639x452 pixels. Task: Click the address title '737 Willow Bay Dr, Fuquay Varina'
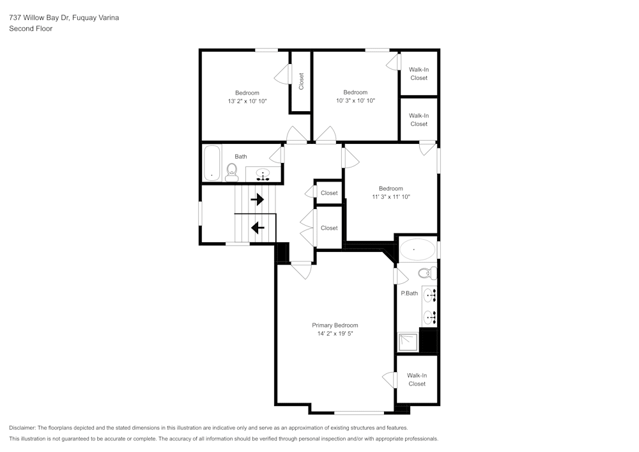point(64,18)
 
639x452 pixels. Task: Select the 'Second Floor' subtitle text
point(31,29)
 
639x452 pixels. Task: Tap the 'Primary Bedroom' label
point(335,325)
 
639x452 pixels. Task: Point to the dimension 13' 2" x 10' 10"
point(247,101)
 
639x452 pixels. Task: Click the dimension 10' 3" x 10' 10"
point(355,100)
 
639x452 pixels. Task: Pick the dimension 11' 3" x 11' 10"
point(390,197)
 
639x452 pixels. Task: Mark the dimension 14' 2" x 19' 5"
point(335,334)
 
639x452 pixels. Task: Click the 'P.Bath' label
point(409,293)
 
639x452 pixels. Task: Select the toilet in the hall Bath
point(232,171)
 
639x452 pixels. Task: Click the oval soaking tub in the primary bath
point(416,249)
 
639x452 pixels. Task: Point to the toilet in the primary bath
point(427,273)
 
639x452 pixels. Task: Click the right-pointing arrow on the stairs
point(257,199)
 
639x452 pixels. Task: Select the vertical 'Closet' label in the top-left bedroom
point(301,81)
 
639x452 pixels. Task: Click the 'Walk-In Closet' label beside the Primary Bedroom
point(417,380)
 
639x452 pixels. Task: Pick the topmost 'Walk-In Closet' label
point(419,74)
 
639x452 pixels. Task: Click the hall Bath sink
point(264,173)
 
